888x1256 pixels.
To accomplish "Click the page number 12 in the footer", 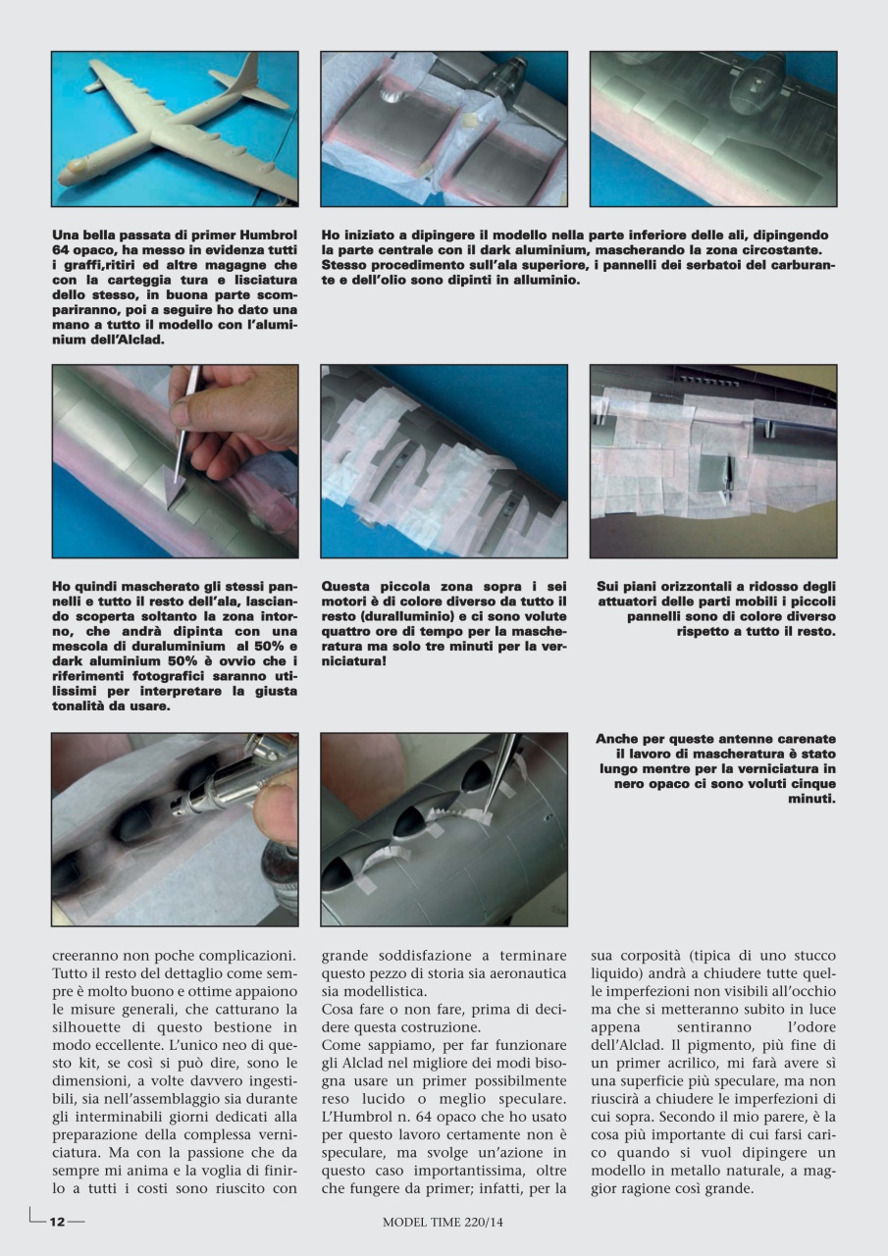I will (57, 1222).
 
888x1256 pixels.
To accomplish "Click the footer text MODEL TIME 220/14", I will (444, 1222).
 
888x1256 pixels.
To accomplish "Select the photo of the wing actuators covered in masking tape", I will (712, 461).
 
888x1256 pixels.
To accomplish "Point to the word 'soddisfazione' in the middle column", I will (412, 955).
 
